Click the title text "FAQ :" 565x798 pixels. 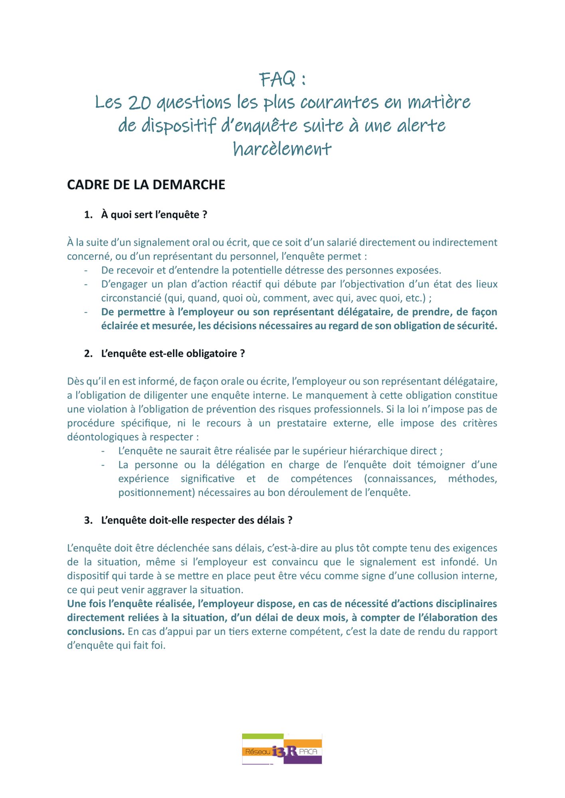click(282, 79)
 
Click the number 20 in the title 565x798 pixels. click(139, 103)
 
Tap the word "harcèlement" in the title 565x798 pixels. click(282, 149)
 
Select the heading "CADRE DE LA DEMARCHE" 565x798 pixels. click(146, 185)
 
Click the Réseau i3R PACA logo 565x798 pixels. click(282, 749)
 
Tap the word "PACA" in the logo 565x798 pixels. click(308, 751)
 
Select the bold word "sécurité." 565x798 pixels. click(478, 326)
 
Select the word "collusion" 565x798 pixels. click(439, 576)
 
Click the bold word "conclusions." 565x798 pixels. click(96, 632)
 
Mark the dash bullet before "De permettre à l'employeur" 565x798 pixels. click(86, 312)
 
